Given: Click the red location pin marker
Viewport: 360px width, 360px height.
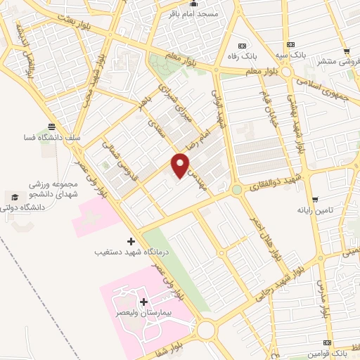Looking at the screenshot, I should tap(181, 165).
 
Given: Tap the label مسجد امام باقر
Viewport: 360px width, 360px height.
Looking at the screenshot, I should tap(191, 13).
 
